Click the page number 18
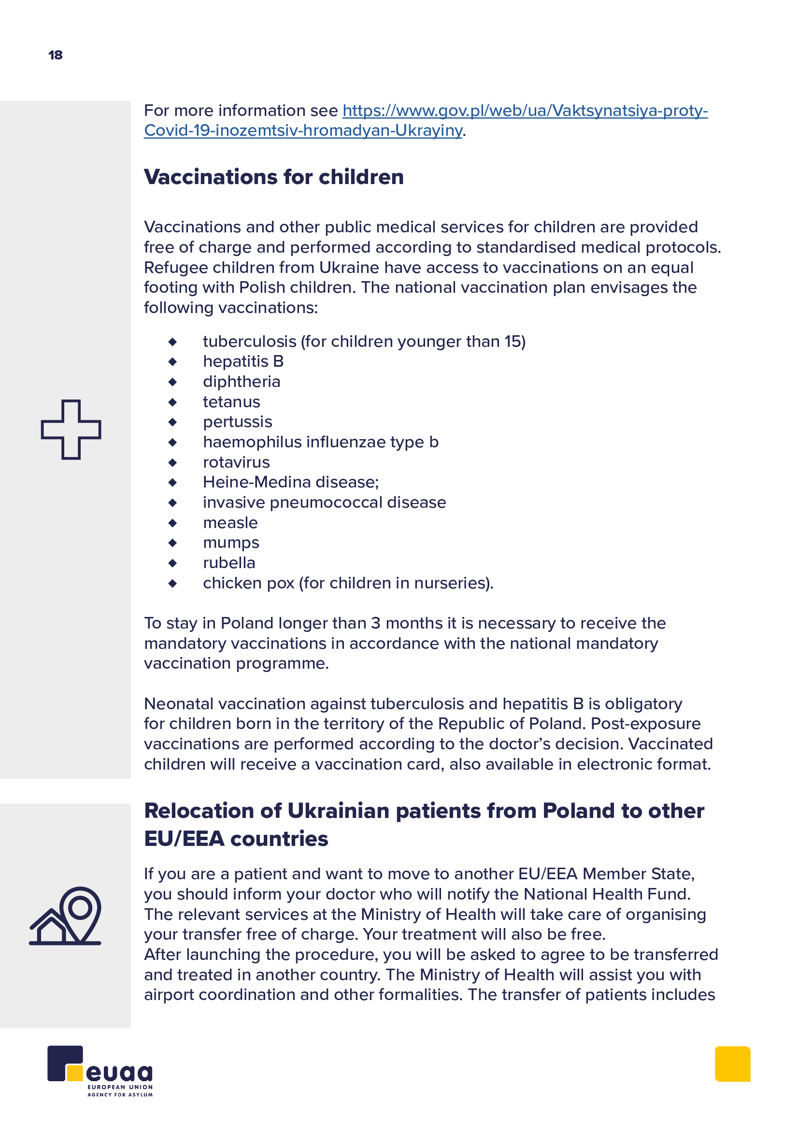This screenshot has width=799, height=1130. pyautogui.click(x=56, y=55)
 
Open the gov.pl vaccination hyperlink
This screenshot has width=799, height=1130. pyautogui.click(x=525, y=111)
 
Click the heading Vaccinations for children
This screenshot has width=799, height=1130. pyautogui.click(x=273, y=177)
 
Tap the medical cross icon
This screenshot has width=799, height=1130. pyautogui.click(x=71, y=429)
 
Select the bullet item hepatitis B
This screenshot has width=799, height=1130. pyautogui.click(x=243, y=362)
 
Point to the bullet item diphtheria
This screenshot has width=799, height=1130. pyautogui.click(x=242, y=382)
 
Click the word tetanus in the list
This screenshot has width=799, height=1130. pyautogui.click(x=231, y=402)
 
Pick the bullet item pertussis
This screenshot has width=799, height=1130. pyautogui.click(x=237, y=422)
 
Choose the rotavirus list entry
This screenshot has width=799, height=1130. pyautogui.click(x=236, y=463)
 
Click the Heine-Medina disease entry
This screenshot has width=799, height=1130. pyautogui.click(x=290, y=482)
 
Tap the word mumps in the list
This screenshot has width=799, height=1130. pyautogui.click(x=231, y=543)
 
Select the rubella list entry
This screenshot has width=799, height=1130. pyautogui.click(x=229, y=563)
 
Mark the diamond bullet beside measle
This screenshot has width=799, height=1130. pyautogui.click(x=172, y=523)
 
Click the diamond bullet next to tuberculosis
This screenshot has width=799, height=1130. pyautogui.click(x=172, y=342)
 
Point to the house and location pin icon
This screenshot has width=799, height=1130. pyautogui.click(x=66, y=916)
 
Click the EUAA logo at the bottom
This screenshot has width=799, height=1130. pyautogui.click(x=100, y=1071)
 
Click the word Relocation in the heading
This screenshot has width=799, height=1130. pyautogui.click(x=212, y=811)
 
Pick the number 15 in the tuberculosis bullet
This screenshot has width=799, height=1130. pyautogui.click(x=512, y=342)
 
